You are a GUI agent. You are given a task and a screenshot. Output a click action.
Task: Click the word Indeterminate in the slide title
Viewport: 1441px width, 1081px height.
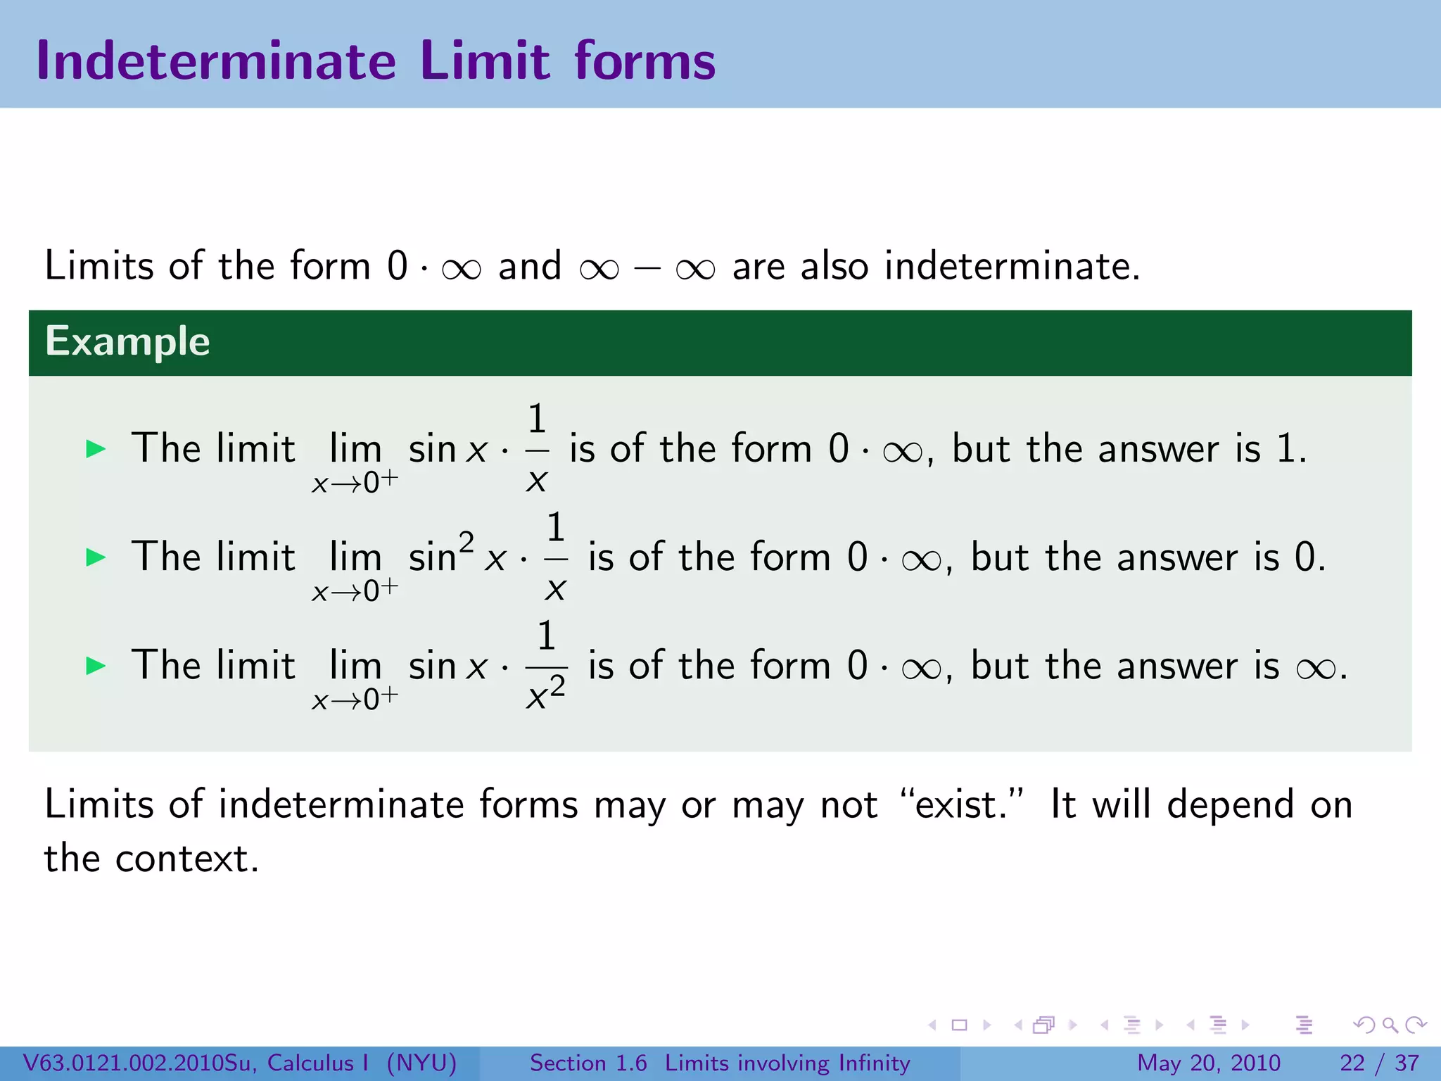point(217,61)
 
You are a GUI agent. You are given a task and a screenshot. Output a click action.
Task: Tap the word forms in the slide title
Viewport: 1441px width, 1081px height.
point(645,61)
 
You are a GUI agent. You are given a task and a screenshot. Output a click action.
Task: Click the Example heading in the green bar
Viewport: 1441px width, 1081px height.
point(127,342)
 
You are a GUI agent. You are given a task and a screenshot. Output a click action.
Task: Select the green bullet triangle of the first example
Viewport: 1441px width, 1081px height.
point(96,449)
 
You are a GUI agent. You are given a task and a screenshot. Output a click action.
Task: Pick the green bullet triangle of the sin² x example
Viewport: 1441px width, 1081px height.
point(96,557)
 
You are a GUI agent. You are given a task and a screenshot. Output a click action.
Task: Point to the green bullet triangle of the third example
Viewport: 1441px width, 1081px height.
point(96,666)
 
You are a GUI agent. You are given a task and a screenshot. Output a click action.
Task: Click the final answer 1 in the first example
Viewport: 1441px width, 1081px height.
point(1286,449)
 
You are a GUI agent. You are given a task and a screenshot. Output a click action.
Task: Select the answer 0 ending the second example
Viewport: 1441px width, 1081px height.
point(1305,557)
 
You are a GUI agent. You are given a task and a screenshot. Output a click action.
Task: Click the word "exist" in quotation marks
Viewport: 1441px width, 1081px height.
point(960,804)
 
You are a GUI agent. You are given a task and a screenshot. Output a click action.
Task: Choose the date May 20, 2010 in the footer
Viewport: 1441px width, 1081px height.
point(1208,1063)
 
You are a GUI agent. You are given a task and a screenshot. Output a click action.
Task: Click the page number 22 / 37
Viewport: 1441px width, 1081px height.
point(1379,1063)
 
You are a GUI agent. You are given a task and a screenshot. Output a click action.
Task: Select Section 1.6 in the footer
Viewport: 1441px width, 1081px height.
point(588,1063)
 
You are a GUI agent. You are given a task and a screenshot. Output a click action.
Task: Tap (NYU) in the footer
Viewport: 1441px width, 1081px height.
point(421,1063)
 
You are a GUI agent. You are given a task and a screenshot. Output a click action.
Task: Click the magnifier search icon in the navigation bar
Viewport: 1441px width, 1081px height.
point(1390,1025)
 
